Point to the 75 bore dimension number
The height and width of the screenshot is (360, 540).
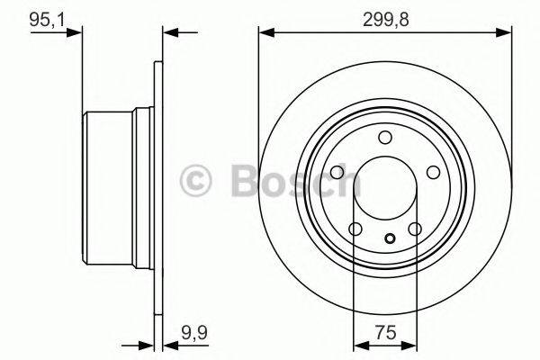point(384,331)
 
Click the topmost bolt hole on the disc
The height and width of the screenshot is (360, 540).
point(384,137)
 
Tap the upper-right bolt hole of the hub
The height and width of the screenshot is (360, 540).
point(432,172)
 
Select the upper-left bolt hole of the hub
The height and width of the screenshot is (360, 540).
point(337,172)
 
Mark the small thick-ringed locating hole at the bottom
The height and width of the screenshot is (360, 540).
point(390,238)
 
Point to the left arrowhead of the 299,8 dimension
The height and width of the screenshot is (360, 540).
point(266,33)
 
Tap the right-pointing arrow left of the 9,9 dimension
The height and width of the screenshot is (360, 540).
point(145,344)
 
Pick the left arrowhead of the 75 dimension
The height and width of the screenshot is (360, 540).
point(359,344)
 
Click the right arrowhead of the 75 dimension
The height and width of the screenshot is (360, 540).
point(409,344)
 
